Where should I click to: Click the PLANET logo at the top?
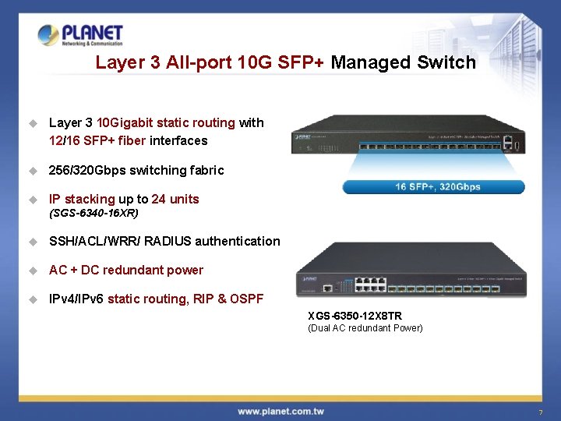pyautogui.click(x=81, y=35)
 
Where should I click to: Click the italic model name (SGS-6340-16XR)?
pyautogui.click(x=93, y=213)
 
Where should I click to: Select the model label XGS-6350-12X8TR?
pyautogui.click(x=355, y=316)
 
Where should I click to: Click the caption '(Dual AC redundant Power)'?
pyautogui.click(x=365, y=328)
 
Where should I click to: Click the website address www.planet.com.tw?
pyautogui.click(x=281, y=411)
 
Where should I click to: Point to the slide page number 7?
pyautogui.click(x=539, y=412)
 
